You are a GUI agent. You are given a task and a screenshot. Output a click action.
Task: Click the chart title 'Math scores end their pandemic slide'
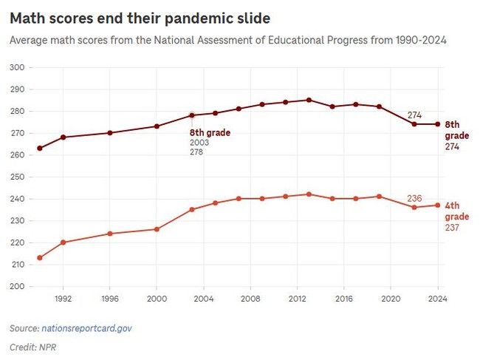coord(140,17)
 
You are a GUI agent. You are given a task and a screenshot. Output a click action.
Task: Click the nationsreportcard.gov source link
coord(90,327)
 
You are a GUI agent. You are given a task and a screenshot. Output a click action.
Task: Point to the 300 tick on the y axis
coord(16,67)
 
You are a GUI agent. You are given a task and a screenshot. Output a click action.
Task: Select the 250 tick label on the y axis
coord(16,177)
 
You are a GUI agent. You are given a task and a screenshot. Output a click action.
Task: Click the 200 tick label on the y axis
coord(16,286)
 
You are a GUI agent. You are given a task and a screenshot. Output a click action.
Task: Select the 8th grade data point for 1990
coord(40,149)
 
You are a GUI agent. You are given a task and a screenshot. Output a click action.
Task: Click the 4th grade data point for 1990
coord(40,258)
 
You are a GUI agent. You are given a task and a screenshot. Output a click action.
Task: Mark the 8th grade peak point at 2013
coord(309,100)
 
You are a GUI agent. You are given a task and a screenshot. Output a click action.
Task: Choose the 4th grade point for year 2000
coord(157,229)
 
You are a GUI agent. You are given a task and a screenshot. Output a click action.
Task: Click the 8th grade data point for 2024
coord(437,124)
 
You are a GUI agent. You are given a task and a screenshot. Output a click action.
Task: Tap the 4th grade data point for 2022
coord(414,208)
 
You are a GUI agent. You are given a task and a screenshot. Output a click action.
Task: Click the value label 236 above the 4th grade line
coord(414,198)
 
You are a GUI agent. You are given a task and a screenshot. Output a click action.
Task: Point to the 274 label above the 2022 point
coord(415,115)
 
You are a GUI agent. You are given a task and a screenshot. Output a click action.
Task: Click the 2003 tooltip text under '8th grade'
coord(199,142)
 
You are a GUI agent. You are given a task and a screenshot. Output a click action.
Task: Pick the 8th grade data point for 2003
coord(191,115)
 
